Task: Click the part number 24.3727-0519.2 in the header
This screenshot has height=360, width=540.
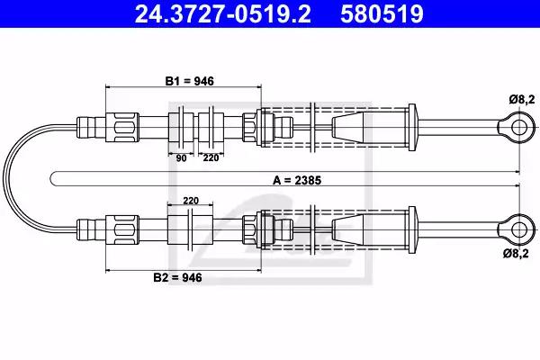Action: pyautogui.click(x=223, y=13)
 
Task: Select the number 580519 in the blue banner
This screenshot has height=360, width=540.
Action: pyautogui.click(x=382, y=13)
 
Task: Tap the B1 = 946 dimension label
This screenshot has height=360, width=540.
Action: pyautogui.click(x=189, y=81)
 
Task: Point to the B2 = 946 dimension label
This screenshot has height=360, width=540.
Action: pyautogui.click(x=177, y=277)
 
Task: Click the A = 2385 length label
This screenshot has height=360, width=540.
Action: pyautogui.click(x=297, y=180)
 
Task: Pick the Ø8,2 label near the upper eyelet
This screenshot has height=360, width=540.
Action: pyautogui.click(x=522, y=100)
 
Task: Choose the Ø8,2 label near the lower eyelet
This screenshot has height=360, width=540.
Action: pyautogui.click(x=516, y=254)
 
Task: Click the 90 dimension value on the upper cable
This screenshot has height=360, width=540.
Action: pyautogui.click(x=181, y=158)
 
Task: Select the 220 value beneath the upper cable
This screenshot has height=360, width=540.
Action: pyautogui.click(x=211, y=157)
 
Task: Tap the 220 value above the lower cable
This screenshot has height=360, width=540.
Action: pyautogui.click(x=191, y=201)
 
